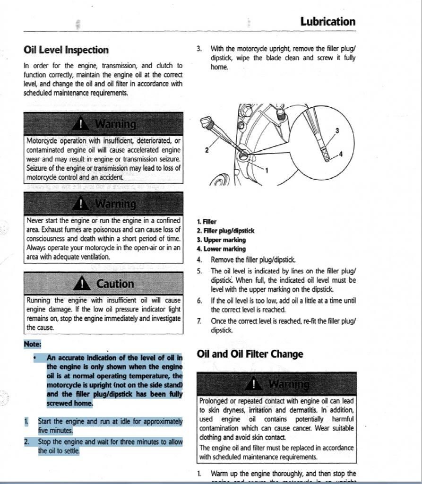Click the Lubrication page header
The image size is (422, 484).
click(x=327, y=22)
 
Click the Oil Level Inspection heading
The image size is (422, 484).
click(x=66, y=50)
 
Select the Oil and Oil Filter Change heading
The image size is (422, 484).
click(x=250, y=354)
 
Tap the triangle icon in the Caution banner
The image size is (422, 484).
click(x=83, y=284)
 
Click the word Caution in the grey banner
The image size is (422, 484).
click(x=115, y=284)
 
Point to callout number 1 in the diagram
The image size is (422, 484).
click(x=267, y=170)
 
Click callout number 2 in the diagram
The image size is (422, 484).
click(x=207, y=150)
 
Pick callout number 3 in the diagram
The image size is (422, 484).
click(x=337, y=130)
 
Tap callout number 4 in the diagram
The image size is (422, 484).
click(x=341, y=155)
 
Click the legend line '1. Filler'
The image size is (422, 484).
click(x=207, y=222)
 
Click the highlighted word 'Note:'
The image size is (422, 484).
click(x=33, y=344)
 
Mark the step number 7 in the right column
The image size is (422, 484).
click(x=199, y=321)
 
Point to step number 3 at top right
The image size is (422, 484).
click(x=199, y=49)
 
